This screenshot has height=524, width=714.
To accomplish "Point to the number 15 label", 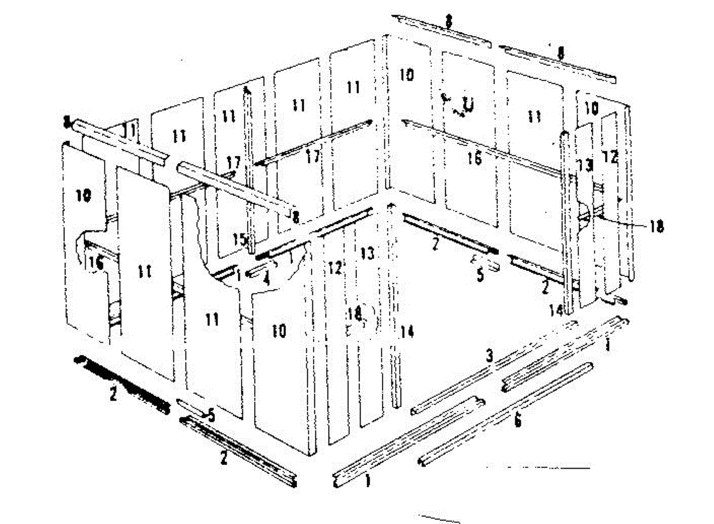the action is click(x=239, y=239).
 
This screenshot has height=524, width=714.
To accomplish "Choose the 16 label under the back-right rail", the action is click(x=474, y=158).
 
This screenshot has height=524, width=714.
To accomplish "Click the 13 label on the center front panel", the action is click(x=368, y=254).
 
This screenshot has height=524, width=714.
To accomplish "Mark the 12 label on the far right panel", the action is click(x=610, y=157).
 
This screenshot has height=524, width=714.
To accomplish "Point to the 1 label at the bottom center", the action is click(x=367, y=479).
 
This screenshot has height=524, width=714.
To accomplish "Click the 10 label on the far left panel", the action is click(x=84, y=195).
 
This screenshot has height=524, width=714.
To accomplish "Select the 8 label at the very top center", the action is click(x=448, y=21).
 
